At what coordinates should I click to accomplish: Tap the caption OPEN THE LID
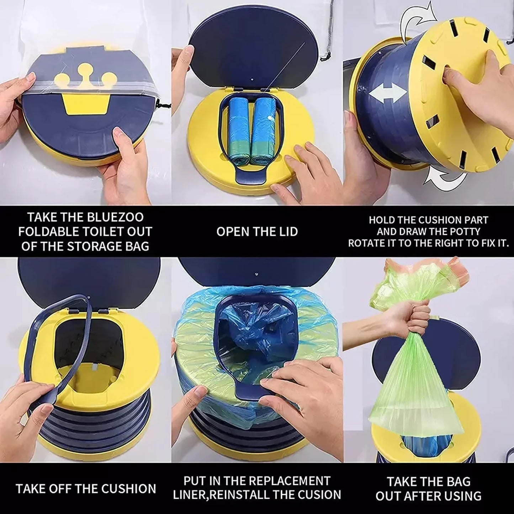[x=257, y=232]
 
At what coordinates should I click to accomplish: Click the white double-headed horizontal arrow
[x=388, y=93]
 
